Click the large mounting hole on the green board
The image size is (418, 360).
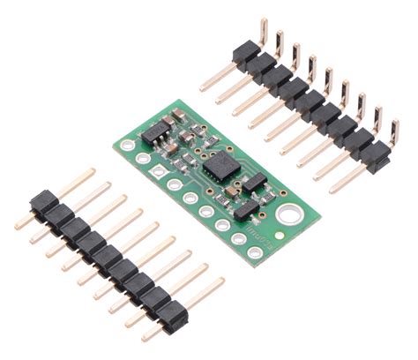287,214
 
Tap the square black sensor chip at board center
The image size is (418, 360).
217,166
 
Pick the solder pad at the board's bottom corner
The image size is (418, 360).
255,252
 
